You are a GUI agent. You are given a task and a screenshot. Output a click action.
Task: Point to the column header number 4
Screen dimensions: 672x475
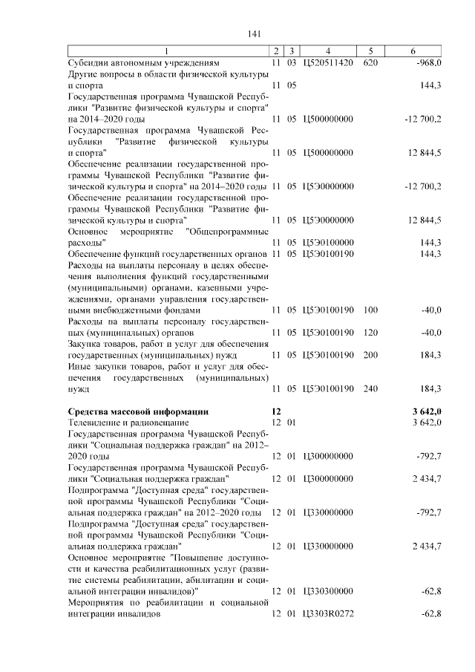click(327, 50)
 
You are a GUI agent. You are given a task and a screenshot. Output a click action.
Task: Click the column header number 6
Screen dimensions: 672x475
click(412, 50)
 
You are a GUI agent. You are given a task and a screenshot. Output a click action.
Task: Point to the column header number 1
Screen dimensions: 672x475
click(166, 50)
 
